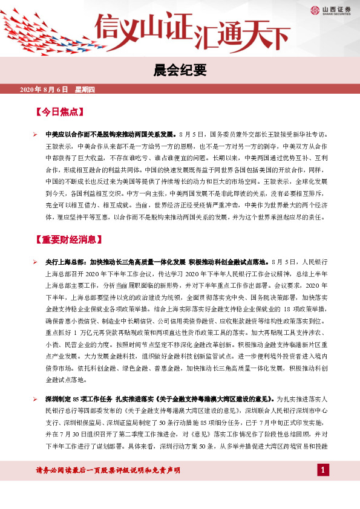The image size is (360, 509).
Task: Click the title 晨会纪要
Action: coord(181,70)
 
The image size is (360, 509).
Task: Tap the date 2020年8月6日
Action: coord(44,90)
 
